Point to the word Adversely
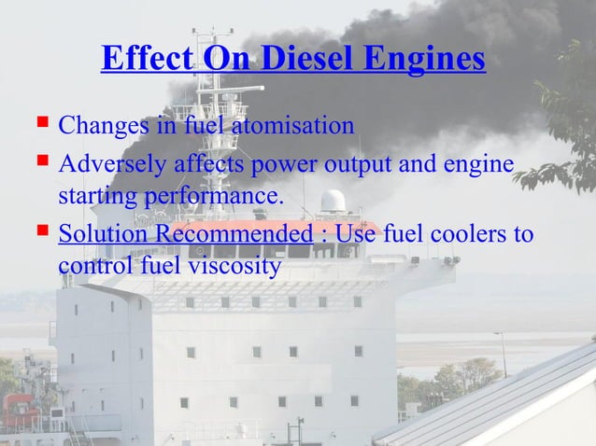pos(111,164)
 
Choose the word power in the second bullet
pos(269,164)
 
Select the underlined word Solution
pos(96,232)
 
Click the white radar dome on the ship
pos(333,201)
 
